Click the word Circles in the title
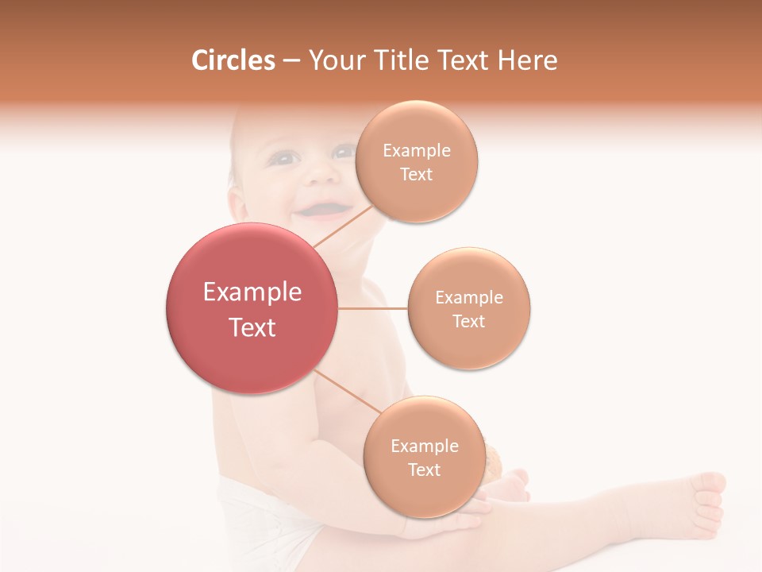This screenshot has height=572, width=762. [233, 60]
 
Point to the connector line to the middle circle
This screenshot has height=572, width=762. [373, 308]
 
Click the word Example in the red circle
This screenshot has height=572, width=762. [252, 292]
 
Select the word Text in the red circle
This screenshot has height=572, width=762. [252, 327]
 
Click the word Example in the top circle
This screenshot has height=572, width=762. [417, 151]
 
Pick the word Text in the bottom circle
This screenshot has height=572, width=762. [424, 470]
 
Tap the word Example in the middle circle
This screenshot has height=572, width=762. [469, 298]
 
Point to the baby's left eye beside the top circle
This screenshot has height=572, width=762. [343, 151]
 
